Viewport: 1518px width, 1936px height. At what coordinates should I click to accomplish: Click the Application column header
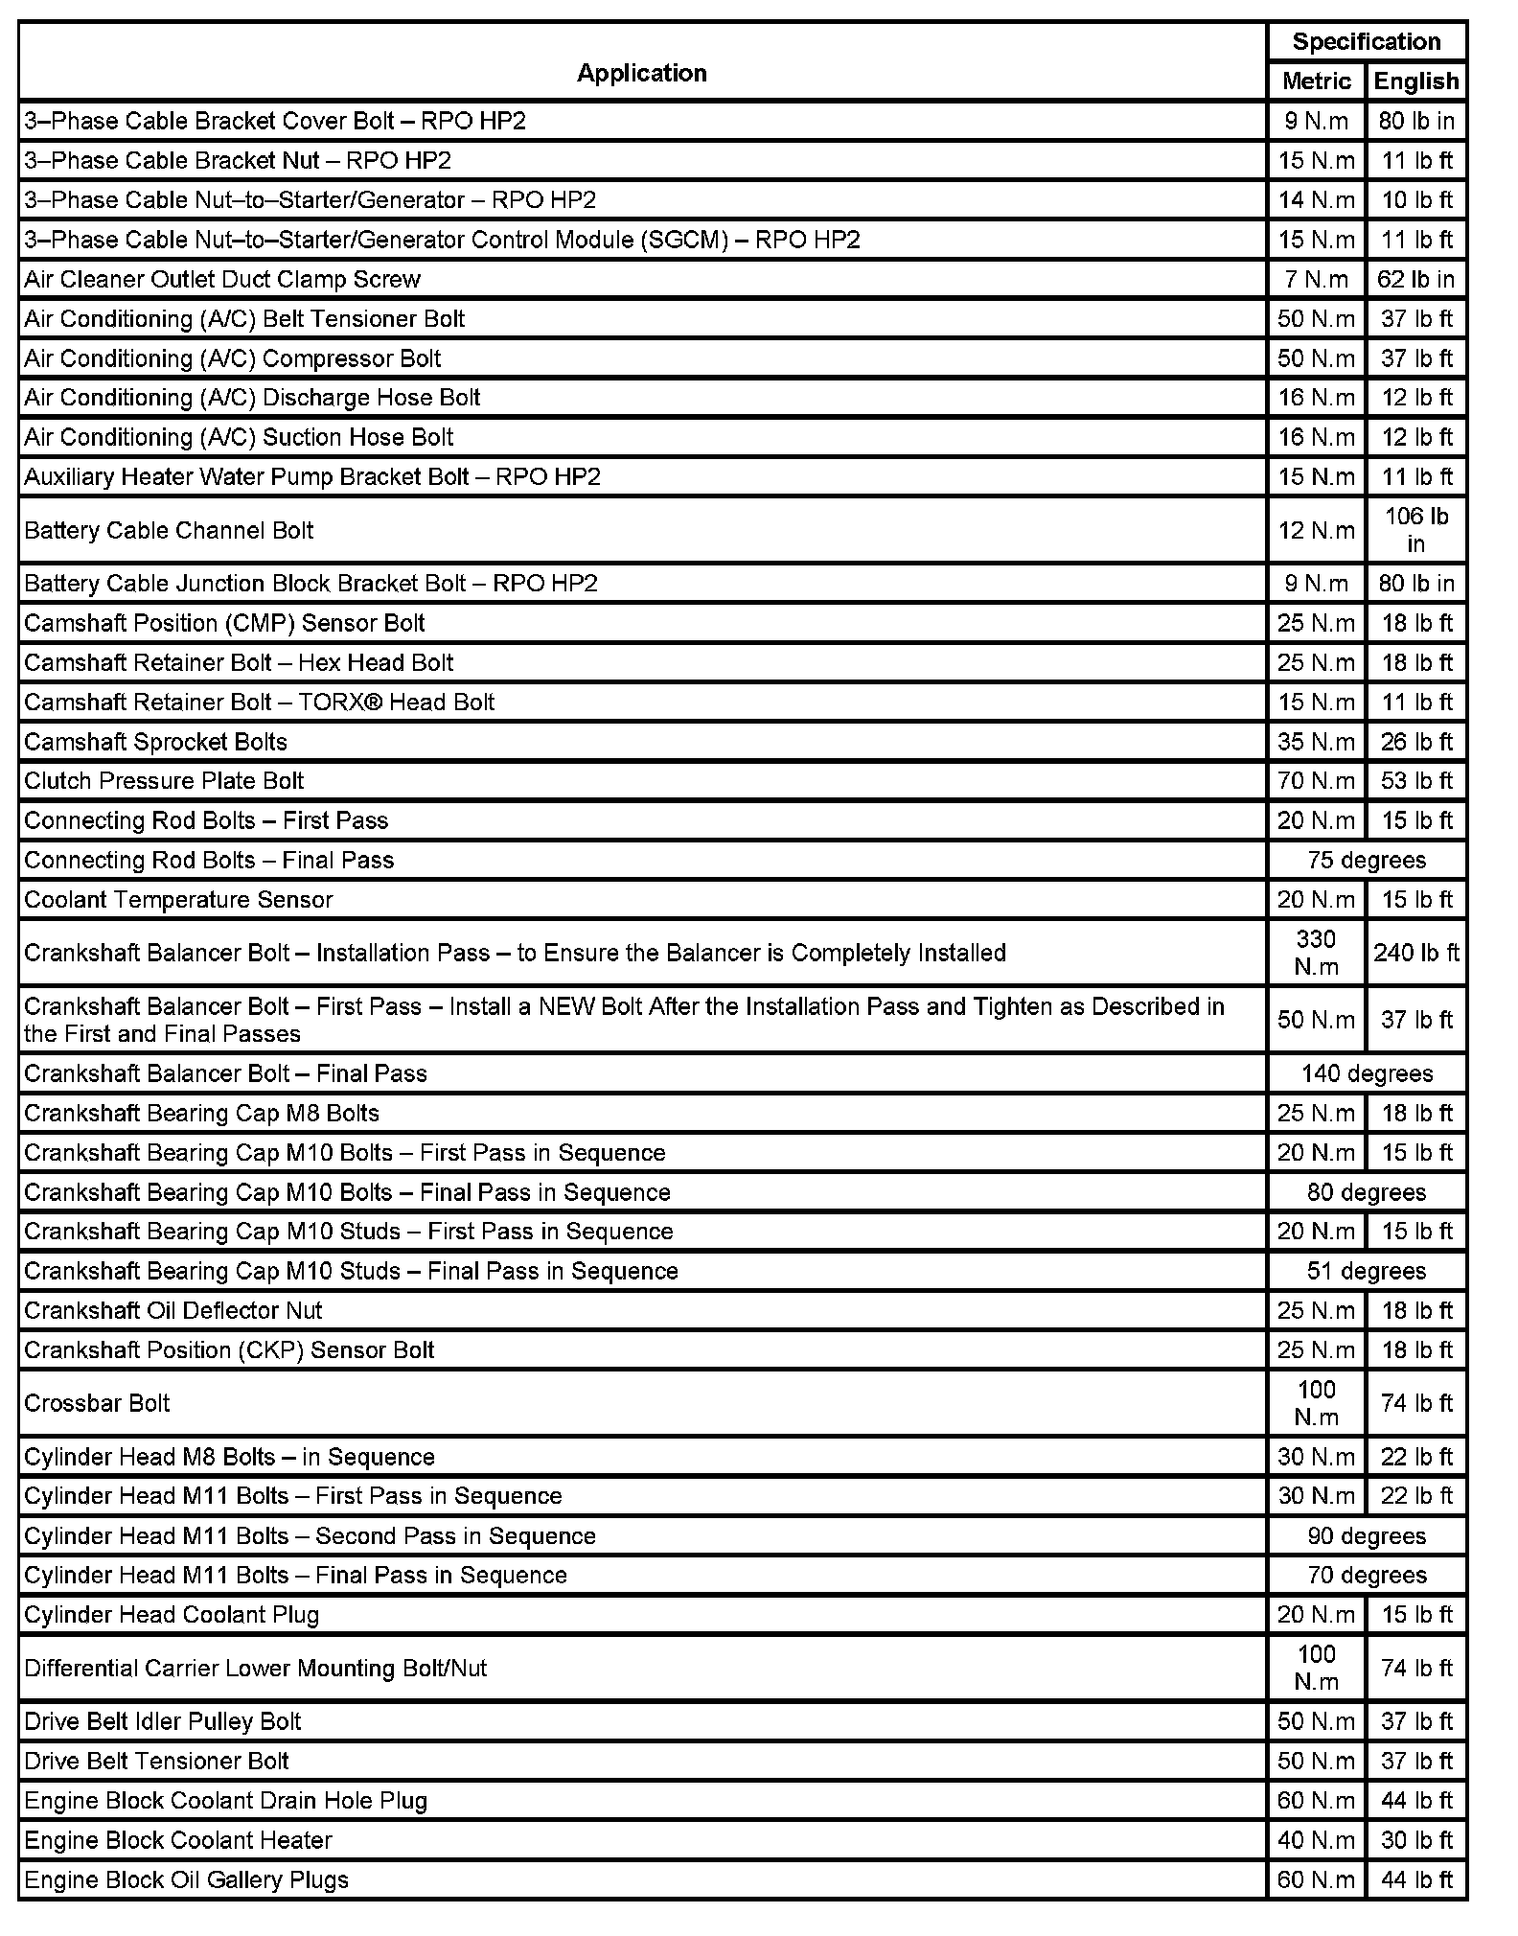coord(641,73)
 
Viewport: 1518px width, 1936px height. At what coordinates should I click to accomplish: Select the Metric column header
coord(1316,81)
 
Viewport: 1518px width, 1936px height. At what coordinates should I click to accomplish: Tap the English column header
coord(1415,81)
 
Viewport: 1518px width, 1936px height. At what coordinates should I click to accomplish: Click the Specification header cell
coord(1366,41)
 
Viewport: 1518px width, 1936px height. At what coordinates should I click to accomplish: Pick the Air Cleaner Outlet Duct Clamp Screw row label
coord(222,279)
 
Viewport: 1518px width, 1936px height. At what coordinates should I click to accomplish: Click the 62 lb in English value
coord(1415,279)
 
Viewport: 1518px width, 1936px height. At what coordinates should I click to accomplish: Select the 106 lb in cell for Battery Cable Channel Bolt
coord(1415,530)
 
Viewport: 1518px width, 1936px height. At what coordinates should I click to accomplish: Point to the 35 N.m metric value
coord(1316,742)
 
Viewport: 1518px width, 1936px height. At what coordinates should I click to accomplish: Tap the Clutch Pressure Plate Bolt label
coord(164,781)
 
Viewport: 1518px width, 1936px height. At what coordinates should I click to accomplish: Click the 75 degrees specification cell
coord(1366,860)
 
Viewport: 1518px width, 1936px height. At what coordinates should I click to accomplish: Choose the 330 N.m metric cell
coord(1316,953)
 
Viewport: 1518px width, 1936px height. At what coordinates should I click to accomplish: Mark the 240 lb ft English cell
coord(1415,953)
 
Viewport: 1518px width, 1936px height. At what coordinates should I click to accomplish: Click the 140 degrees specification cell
coord(1366,1073)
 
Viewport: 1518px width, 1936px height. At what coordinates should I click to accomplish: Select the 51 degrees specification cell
coord(1366,1271)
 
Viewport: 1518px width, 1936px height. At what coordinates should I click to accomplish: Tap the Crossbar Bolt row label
coord(97,1403)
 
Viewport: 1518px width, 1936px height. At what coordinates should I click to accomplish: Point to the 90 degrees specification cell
coord(1366,1536)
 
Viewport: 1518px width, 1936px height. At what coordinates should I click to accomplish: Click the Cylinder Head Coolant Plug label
coord(172,1615)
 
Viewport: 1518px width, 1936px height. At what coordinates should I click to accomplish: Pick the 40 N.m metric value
coord(1316,1840)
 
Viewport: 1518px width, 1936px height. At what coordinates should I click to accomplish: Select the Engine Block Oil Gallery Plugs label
coord(187,1879)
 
